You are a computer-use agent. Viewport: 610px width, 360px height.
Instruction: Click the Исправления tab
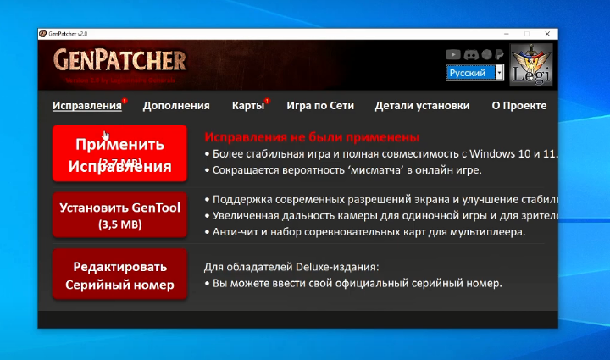pos(86,106)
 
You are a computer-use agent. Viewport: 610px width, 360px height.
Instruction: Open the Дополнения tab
pos(175,106)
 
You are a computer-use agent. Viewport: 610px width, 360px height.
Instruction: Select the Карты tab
pos(247,106)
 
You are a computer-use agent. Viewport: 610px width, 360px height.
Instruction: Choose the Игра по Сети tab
pos(319,106)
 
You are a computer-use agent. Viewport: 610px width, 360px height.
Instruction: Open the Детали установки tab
pos(422,106)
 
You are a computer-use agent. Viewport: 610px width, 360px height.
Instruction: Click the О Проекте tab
pos(518,106)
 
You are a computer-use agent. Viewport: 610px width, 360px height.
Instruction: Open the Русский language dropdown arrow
pos(499,74)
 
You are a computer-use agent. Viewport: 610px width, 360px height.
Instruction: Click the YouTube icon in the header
pos(452,54)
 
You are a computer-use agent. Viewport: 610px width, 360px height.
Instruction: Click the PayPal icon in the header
pos(500,54)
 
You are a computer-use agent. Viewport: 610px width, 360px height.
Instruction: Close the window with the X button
pos(545,33)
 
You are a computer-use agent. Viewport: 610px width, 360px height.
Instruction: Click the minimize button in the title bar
pos(507,33)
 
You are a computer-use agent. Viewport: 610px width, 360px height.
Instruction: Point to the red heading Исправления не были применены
pos(312,136)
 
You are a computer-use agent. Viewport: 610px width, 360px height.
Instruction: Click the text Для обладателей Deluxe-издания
pos(291,267)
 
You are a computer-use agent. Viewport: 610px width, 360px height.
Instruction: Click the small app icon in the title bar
pos(43,33)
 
